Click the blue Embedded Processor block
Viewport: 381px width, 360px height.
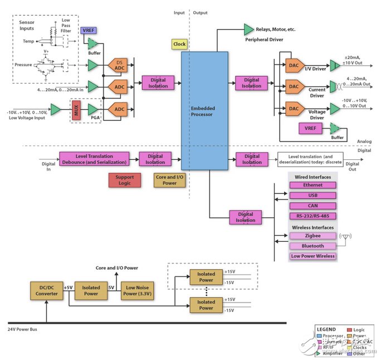pos(204,110)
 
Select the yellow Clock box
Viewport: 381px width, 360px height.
pos(179,44)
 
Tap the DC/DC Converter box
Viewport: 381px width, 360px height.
pos(46,290)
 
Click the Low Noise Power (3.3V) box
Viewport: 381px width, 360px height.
pos(136,290)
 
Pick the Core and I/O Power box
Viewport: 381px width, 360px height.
pos(169,180)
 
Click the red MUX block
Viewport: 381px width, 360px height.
pos(76,110)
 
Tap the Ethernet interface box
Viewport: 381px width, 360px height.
pos(312,185)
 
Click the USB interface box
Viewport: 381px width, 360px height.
pos(312,196)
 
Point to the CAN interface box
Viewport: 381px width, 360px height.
pos(312,206)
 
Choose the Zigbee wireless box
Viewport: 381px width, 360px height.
pos(312,236)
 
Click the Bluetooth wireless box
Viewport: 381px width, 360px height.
pos(312,246)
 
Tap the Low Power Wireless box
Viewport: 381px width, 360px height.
pos(312,256)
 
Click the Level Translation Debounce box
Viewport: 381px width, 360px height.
pos(94,159)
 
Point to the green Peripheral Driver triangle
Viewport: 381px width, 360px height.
pos(248,29)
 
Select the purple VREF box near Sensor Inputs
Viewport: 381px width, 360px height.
pos(89,30)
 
